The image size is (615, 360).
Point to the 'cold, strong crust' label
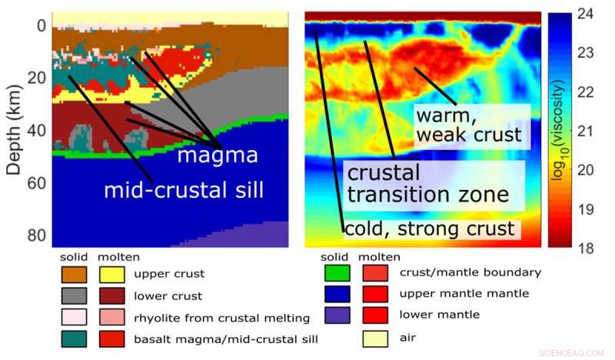[430, 228]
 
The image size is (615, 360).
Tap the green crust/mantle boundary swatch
[337, 272]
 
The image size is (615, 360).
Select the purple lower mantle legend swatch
[337, 314]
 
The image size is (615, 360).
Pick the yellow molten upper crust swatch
[112, 274]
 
